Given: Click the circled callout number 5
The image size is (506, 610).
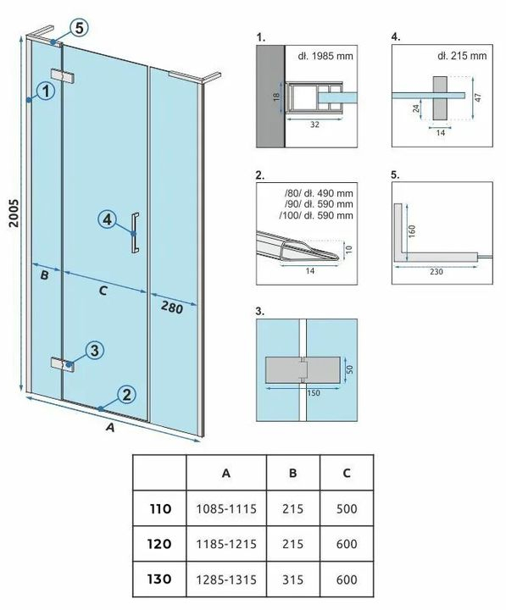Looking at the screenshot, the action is pyautogui.click(x=79, y=29).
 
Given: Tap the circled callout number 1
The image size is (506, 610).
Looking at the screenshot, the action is pyautogui.click(x=46, y=91).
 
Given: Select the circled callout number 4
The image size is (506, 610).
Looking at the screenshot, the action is pyautogui.click(x=107, y=219).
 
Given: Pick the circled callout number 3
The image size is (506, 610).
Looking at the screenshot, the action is pyautogui.click(x=94, y=351).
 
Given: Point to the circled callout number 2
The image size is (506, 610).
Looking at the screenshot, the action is pyautogui.click(x=126, y=395).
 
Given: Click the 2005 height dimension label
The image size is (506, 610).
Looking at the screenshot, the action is pyautogui.click(x=14, y=213).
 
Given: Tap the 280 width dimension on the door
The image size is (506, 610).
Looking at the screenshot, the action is pyautogui.click(x=172, y=308).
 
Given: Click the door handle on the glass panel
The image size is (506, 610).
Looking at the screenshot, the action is pyautogui.click(x=135, y=233).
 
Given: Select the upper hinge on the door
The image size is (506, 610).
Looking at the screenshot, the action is pyautogui.click(x=63, y=76).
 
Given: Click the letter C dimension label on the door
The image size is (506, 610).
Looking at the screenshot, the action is pyautogui.click(x=103, y=291).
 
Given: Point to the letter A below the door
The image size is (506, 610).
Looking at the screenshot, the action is pyautogui.click(x=111, y=427).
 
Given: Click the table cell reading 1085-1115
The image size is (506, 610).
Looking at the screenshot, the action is pyautogui.click(x=226, y=508).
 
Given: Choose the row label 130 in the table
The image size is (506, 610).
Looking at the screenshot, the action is pyautogui.click(x=159, y=579).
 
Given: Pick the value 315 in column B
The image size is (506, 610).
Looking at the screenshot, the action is pyautogui.click(x=292, y=579).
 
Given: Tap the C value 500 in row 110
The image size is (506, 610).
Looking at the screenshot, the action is pyautogui.click(x=347, y=508).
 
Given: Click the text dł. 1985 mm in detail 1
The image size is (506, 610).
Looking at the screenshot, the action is pyautogui.click(x=325, y=56).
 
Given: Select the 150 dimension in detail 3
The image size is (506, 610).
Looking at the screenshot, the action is pyautogui.click(x=314, y=393).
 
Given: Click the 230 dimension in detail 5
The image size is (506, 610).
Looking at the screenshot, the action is pyautogui.click(x=436, y=272).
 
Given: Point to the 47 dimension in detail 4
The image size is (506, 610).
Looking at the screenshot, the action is pyautogui.click(x=478, y=97).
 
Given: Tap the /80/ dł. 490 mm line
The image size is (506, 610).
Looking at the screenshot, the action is pyautogui.click(x=319, y=193).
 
